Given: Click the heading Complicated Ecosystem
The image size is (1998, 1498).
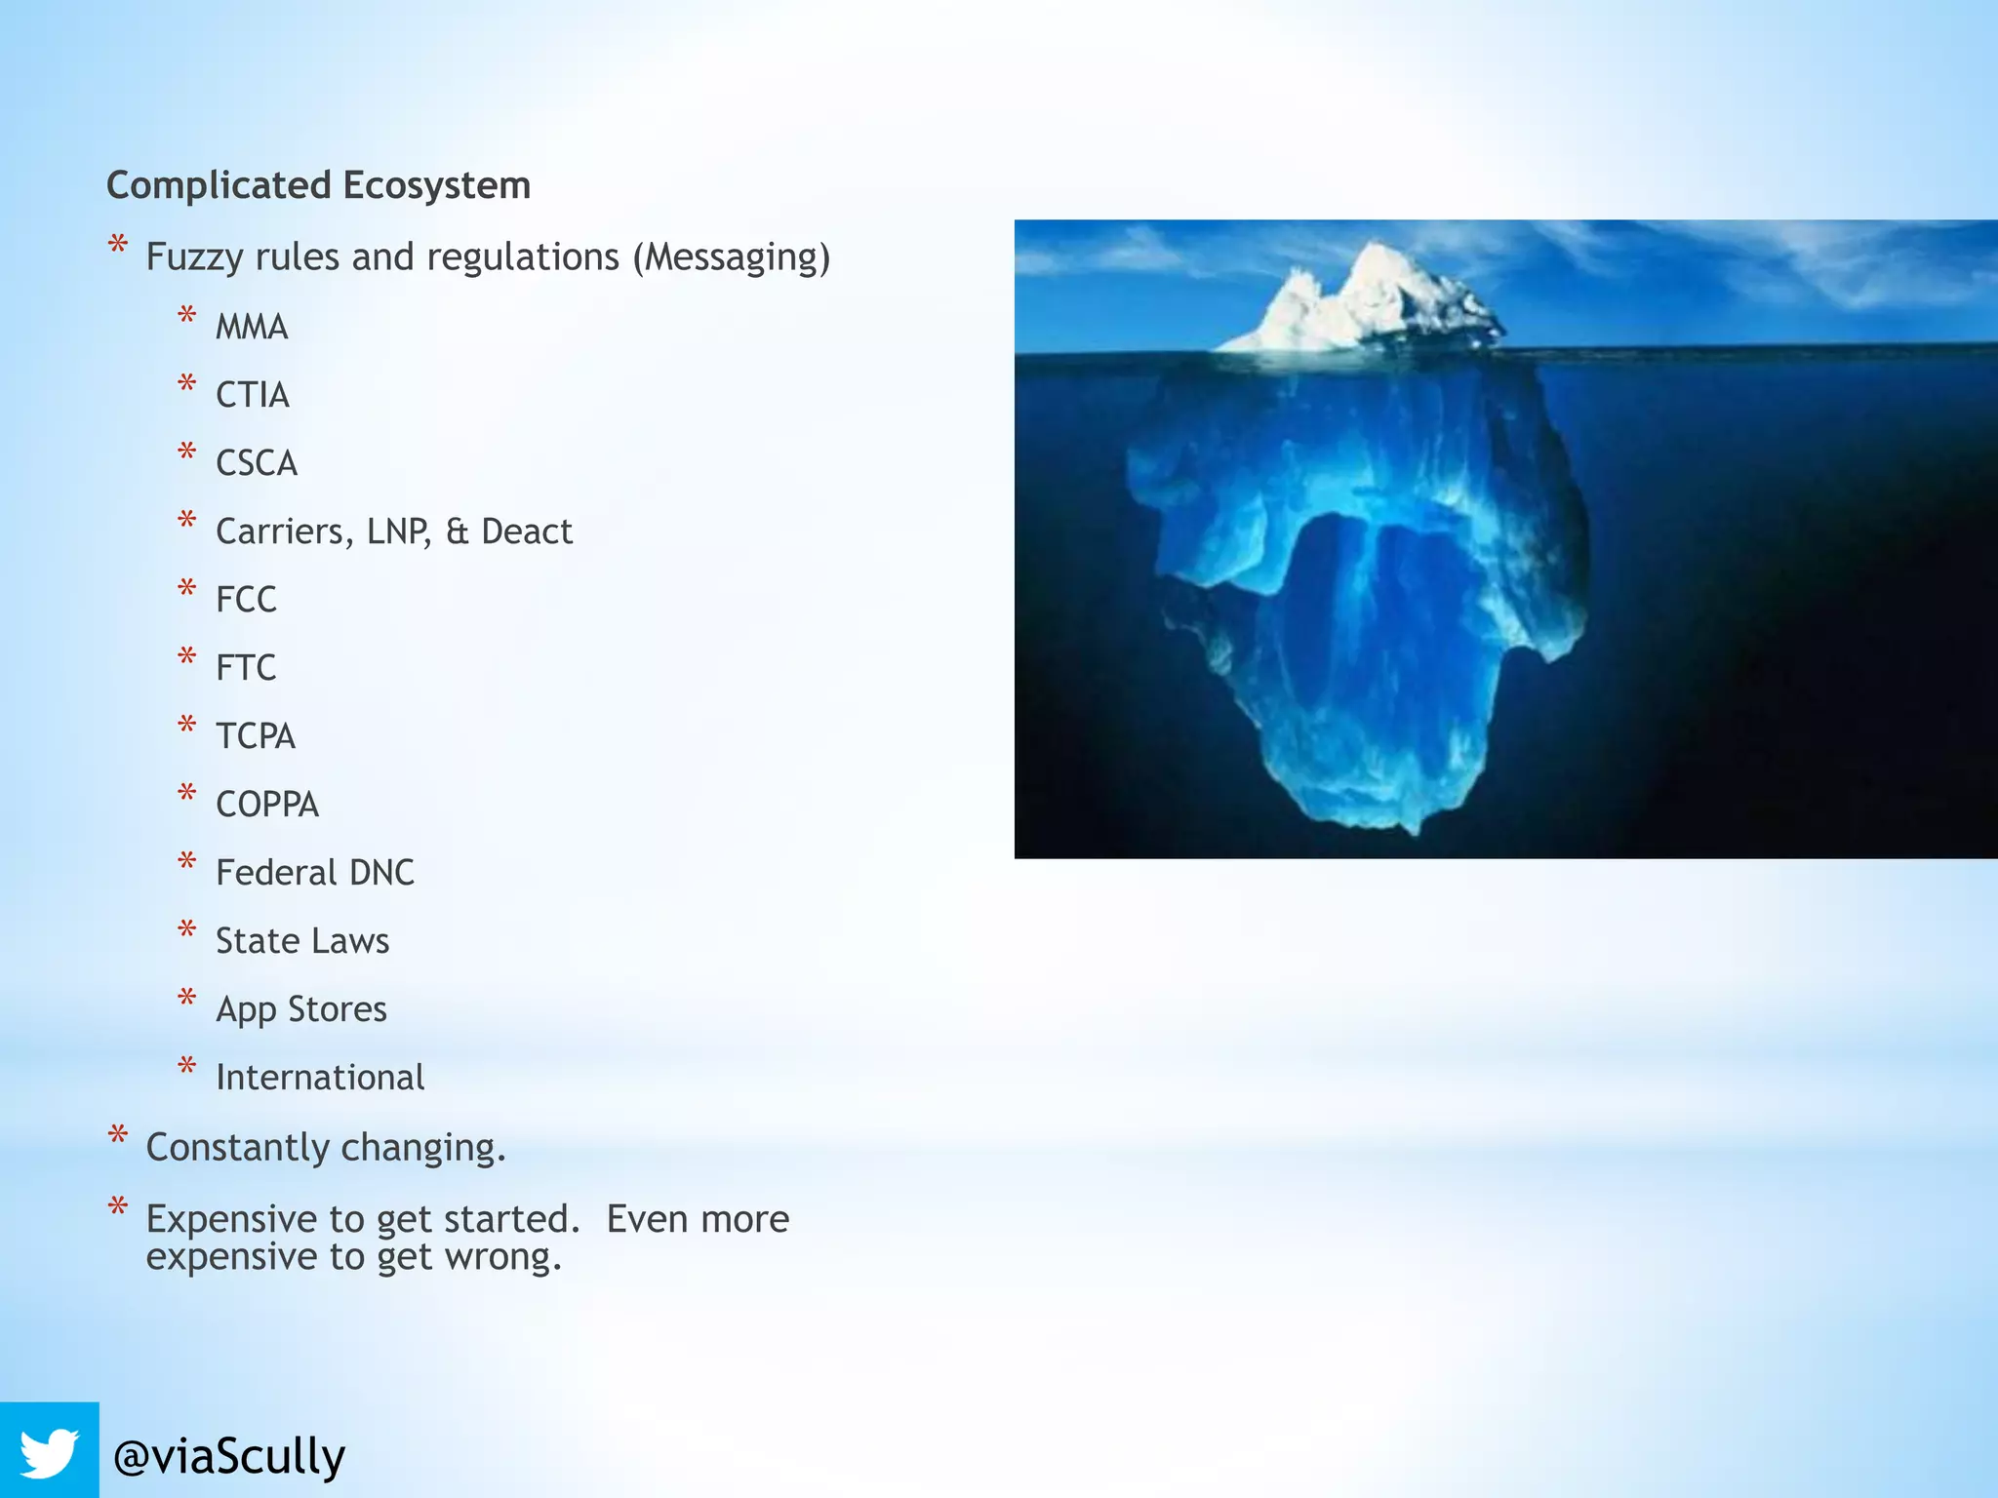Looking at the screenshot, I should pyautogui.click(x=318, y=185).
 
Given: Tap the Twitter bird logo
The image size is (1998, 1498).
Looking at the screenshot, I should pyautogui.click(x=49, y=1451).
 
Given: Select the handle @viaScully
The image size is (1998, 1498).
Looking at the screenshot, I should pyautogui.click(x=229, y=1456).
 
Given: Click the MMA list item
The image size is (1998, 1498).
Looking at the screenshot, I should pyautogui.click(x=252, y=327).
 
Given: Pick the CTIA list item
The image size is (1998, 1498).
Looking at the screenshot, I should pyautogui.click(x=253, y=395).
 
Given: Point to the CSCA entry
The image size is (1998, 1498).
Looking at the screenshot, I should pyautogui.click(x=257, y=463).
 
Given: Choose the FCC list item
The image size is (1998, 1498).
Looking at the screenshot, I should pyautogui.click(x=246, y=600).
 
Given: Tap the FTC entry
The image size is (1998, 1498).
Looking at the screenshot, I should pyautogui.click(x=246, y=668).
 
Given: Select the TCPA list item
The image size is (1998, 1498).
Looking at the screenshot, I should pyautogui.click(x=256, y=736).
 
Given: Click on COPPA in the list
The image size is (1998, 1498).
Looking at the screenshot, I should pyautogui.click(x=267, y=805).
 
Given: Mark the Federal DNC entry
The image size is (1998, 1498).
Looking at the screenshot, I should pyautogui.click(x=315, y=873).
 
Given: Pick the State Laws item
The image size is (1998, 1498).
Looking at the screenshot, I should pyautogui.click(x=302, y=941).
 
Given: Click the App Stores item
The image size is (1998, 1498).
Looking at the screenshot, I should pyautogui.click(x=301, y=1009).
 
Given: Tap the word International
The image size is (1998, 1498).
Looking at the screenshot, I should pyautogui.click(x=320, y=1078).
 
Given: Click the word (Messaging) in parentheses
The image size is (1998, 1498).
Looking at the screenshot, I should pyautogui.click(x=732, y=257).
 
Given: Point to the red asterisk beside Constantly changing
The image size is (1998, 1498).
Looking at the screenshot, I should pyautogui.click(x=118, y=1134).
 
